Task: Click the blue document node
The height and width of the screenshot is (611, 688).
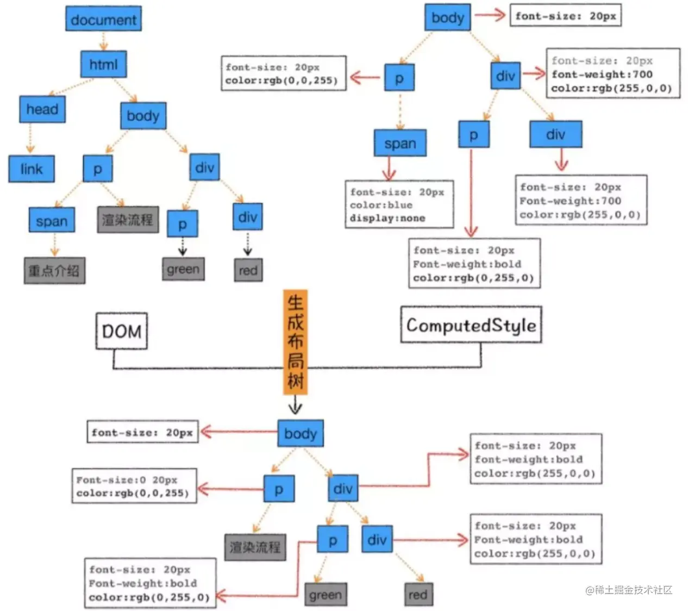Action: coord(103,20)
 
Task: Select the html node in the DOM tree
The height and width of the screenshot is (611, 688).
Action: coord(103,65)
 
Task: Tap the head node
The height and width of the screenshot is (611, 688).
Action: coord(42,109)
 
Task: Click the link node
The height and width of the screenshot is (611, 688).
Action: coord(32,169)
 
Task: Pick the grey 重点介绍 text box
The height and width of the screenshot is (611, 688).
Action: coord(54,270)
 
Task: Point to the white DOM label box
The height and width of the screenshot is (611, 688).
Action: coord(121,331)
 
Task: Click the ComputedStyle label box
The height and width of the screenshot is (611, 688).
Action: coord(471,325)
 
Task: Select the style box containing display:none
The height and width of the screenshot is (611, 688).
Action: coord(399,205)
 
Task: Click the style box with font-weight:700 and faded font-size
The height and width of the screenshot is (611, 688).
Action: coord(612,74)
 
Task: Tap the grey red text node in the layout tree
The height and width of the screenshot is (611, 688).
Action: coord(417,595)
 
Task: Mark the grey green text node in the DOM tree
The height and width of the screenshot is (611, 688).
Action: coord(183,269)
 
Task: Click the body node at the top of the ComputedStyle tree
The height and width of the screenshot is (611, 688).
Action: coord(447,17)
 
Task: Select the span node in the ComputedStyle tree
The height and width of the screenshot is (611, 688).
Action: coord(400,144)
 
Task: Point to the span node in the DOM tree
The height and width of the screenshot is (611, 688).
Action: coord(52,221)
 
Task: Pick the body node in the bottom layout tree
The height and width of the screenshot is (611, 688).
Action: coord(300,434)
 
